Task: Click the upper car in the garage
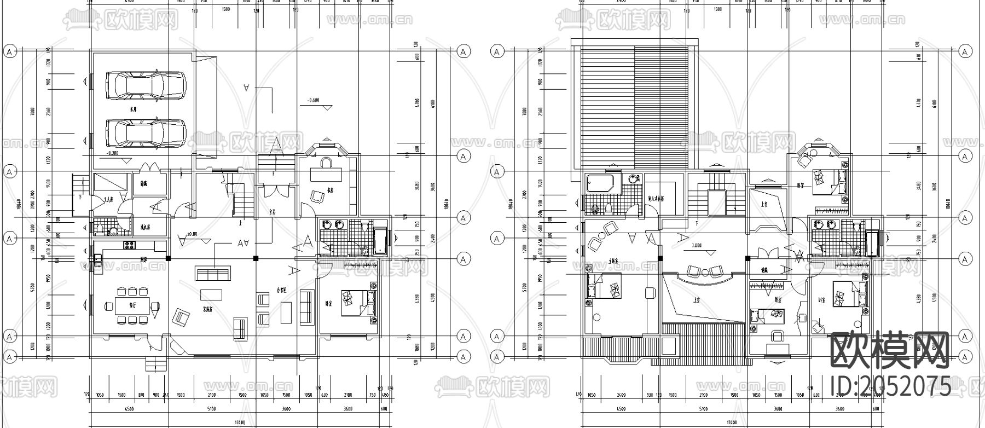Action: point(146,85)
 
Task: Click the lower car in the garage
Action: point(146,133)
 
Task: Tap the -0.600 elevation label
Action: point(314,101)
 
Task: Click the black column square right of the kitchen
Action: point(169,257)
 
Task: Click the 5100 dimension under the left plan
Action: point(211,409)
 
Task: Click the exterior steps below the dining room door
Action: point(156,363)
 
